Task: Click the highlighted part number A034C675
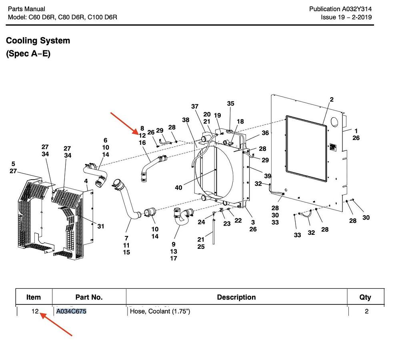tap(71, 311)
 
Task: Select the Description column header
tap(236, 297)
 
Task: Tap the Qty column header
tap(365, 297)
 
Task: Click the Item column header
tap(34, 297)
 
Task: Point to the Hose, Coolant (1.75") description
tap(160, 311)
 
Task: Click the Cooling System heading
tap(38, 40)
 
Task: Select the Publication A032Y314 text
tap(340, 9)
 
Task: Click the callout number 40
tap(178, 188)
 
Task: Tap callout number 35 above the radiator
tap(230, 103)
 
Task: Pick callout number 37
tap(195, 106)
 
